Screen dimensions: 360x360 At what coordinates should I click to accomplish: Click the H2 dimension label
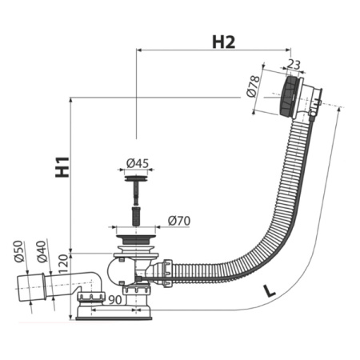[223, 42]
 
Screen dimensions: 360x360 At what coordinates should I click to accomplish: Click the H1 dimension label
[62, 167]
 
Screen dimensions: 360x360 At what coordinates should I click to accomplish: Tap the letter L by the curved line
[269, 291]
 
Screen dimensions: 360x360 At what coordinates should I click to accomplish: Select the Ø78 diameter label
[254, 86]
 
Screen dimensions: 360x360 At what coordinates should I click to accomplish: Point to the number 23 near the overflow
[294, 65]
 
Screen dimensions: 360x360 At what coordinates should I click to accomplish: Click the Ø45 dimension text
[138, 163]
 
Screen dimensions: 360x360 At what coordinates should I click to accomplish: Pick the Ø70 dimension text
[179, 221]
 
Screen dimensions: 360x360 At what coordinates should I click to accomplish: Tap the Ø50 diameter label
[19, 251]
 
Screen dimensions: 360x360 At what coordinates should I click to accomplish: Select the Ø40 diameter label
[42, 252]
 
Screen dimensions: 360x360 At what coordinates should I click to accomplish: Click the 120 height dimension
[63, 264]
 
